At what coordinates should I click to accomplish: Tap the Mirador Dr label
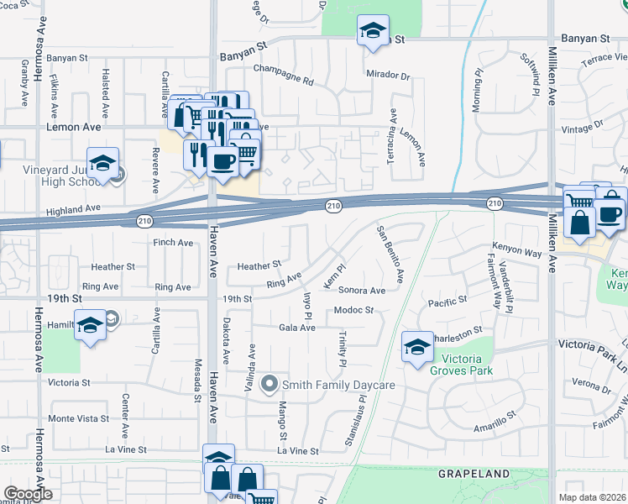pos(388,76)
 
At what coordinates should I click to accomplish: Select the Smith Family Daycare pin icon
pos(270,385)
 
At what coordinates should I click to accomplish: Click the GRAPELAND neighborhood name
pos(474,474)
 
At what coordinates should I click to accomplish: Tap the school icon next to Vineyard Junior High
pos(102,163)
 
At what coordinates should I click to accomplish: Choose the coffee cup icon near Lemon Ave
pos(222,160)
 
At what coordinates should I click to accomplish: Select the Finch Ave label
pos(173,243)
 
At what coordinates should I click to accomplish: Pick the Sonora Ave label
pos(362,291)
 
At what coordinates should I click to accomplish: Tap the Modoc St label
pos(353,311)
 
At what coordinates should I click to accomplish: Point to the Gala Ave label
pos(297,328)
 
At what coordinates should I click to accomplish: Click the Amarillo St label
pos(493,424)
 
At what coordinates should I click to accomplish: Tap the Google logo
pos(27,494)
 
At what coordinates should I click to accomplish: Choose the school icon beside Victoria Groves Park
pos(417,345)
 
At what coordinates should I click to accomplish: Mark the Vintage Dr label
pos(585,126)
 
